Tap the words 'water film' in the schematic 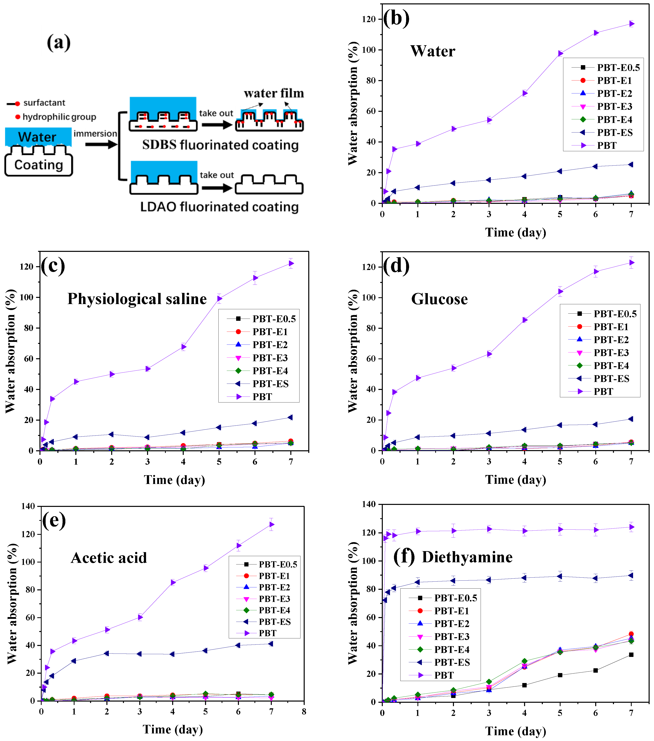coord(274,93)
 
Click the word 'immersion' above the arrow coord(95,133)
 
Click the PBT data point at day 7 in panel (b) coord(631,24)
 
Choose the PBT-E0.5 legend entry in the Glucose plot coord(615,314)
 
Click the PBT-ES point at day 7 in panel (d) coord(631,419)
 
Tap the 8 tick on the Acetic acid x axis coord(304,712)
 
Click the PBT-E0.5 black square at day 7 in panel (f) coord(631,655)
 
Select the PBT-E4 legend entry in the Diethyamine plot coord(451,649)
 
